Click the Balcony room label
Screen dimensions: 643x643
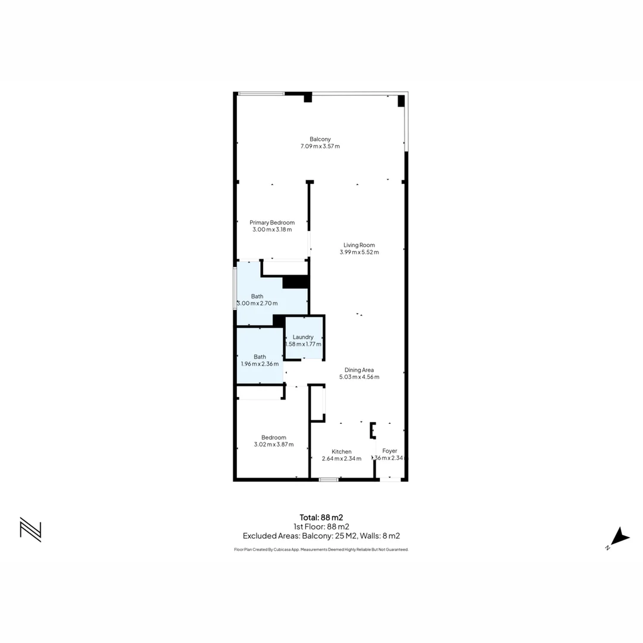pyautogui.click(x=320, y=139)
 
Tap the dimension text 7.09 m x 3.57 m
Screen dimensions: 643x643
pyautogui.click(x=320, y=146)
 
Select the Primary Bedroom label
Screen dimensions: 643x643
pyautogui.click(x=272, y=223)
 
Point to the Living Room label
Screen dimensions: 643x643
pyautogui.click(x=359, y=245)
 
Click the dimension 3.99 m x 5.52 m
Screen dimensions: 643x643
pyautogui.click(x=359, y=252)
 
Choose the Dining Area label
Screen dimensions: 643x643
pyautogui.click(x=359, y=370)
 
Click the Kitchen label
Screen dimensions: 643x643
pyautogui.click(x=341, y=451)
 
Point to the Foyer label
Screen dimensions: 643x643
pyautogui.click(x=389, y=451)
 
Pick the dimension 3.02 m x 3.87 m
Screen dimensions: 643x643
pyautogui.click(x=273, y=444)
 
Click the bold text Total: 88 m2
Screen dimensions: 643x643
pyautogui.click(x=321, y=517)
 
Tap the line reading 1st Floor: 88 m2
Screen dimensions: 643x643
pyautogui.click(x=321, y=526)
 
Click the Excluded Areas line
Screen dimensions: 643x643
pyautogui.click(x=321, y=536)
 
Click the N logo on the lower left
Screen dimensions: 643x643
pyautogui.click(x=30, y=529)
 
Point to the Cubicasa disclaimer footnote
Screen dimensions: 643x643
pyautogui.click(x=321, y=550)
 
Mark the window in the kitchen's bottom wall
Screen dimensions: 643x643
pyautogui.click(x=328, y=479)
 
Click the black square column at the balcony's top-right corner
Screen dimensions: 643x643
pyautogui.click(x=401, y=101)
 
